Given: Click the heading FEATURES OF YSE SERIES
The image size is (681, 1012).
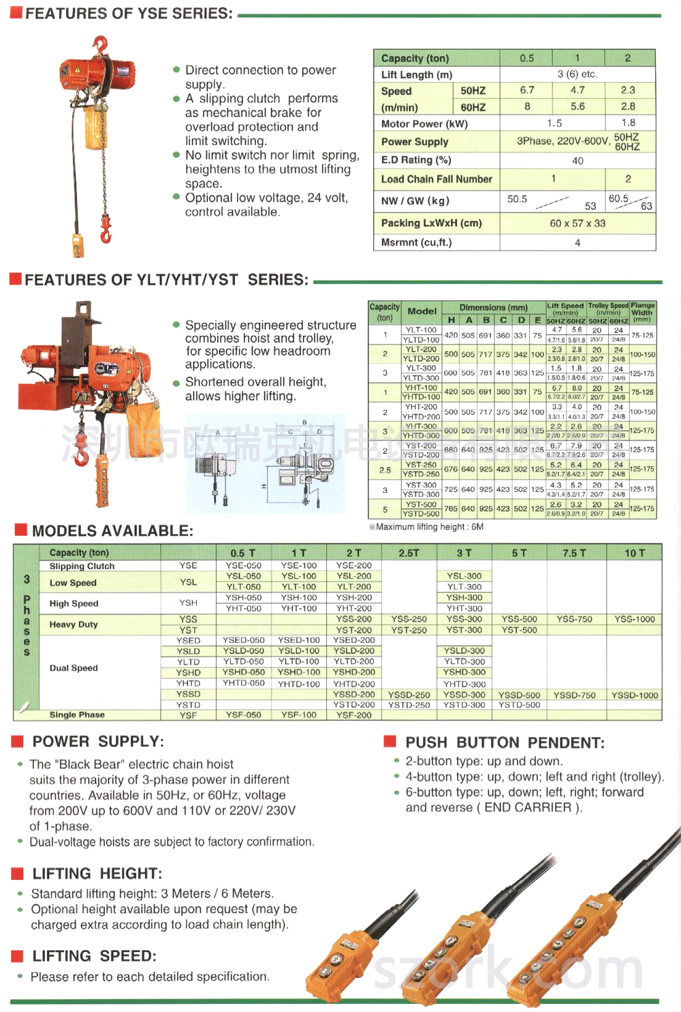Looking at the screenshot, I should coord(129,14).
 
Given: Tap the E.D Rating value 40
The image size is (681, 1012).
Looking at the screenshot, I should coord(577,161).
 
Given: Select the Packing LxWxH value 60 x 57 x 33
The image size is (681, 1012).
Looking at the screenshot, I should coord(577,223).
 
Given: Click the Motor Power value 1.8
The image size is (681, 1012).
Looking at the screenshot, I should coord(628,123).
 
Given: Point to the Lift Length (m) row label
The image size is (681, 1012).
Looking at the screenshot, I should coord(417,75).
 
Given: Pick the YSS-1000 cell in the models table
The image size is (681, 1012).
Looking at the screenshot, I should coord(635,619).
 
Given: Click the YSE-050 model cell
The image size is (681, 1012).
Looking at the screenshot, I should coord(244,565).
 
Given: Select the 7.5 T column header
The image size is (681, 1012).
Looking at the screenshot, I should coord(574,553).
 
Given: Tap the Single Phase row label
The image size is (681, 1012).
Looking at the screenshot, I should coord(77,715).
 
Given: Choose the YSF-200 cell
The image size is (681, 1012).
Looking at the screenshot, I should coord(354,715).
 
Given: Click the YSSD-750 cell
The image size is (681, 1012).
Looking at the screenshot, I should coord(574,695).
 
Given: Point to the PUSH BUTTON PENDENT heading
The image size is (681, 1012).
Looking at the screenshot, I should coord(505,743).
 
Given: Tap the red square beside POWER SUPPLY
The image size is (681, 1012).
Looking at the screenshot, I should coord(18,742).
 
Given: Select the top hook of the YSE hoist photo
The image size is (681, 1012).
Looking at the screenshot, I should coord(101,45).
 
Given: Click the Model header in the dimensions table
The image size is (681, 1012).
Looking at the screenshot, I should coord(422,311).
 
